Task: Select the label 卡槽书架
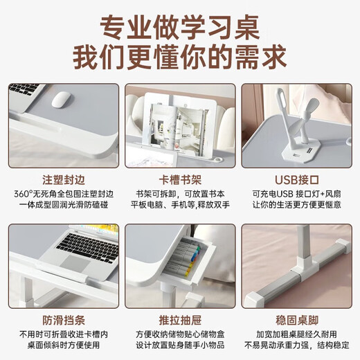(x=179, y=177)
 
